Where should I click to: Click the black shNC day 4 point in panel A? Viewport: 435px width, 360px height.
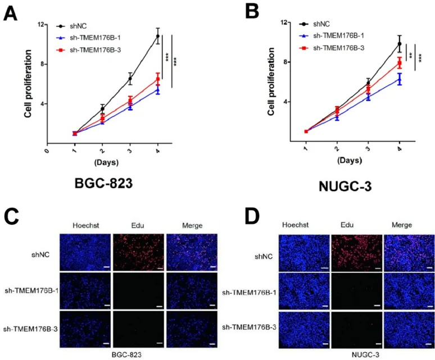[x=158, y=37]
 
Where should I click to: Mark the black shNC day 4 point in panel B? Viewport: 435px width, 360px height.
[x=400, y=44]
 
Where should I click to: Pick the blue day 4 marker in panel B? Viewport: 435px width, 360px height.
[x=400, y=80]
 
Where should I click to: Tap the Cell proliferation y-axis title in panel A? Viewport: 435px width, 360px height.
[x=26, y=83]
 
